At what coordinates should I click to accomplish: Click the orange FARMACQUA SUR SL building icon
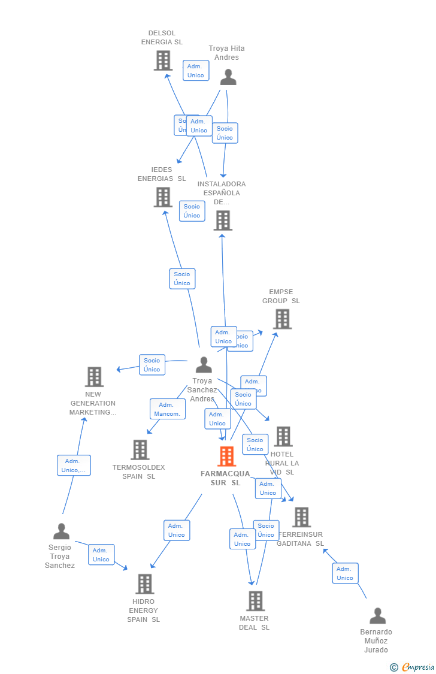pos(226,457)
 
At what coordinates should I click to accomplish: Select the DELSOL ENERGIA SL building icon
pos(163,61)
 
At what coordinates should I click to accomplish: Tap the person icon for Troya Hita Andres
pos(228,77)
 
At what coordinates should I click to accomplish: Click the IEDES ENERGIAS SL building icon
pos(163,197)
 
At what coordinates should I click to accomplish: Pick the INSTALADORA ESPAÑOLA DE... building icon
pos(223,220)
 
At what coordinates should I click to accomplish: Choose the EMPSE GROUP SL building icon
pos(282,319)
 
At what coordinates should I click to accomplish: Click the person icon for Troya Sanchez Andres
pos(204,365)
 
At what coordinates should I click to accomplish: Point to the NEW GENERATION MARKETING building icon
pos(94,377)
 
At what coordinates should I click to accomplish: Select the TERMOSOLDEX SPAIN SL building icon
pos(140,450)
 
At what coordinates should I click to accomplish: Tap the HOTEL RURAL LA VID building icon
pos(283,437)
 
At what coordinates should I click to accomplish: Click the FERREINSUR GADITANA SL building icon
pos(301,517)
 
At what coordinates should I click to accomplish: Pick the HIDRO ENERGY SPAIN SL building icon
pos(144,584)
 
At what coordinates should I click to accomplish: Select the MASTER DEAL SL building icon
pos(255,601)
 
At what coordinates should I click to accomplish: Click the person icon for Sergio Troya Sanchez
pos(61,531)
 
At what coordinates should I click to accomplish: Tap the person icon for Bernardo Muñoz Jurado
pos(377,616)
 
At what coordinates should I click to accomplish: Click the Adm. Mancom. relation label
pos(167,409)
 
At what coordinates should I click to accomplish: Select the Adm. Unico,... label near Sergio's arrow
pos(74,466)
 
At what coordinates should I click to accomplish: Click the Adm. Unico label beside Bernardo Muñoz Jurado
pos(345,573)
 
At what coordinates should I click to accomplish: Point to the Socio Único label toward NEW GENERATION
pos(152,365)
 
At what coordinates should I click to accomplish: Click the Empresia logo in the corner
pos(413,667)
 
